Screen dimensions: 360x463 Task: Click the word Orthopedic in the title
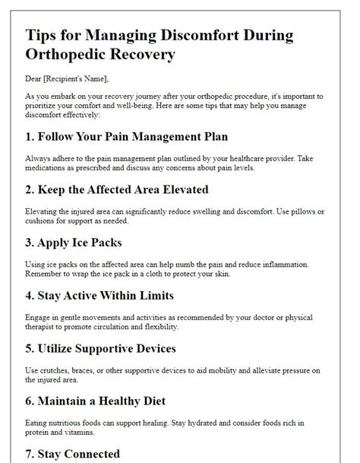73,55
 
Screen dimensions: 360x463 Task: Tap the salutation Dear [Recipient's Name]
67,78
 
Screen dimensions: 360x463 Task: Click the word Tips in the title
43,36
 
